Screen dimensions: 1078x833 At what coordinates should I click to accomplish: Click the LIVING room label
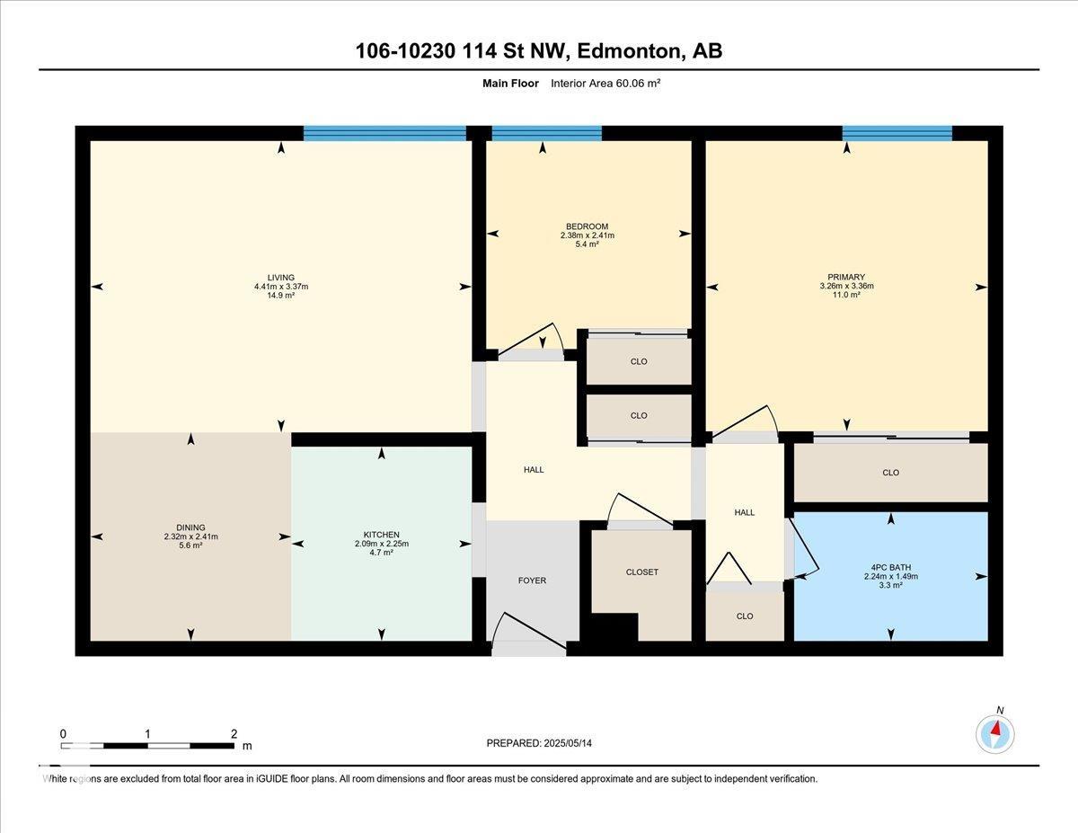pos(281,278)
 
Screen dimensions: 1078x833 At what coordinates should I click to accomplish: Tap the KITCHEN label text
pos(381,535)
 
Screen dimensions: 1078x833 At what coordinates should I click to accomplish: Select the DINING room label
pos(190,527)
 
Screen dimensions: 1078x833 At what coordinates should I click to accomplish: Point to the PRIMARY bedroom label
pos(846,277)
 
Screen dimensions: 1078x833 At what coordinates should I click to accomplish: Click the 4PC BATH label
pos(890,568)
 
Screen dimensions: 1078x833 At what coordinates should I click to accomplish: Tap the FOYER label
pos(532,580)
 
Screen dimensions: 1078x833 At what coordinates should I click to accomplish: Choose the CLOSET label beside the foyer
pos(642,572)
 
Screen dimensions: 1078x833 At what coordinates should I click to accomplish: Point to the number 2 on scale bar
pos(234,734)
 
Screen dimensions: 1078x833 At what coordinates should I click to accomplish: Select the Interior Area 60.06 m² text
pos(605,84)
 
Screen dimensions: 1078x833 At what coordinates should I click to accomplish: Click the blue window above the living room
pos(384,134)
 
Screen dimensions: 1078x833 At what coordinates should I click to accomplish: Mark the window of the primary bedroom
pos(897,134)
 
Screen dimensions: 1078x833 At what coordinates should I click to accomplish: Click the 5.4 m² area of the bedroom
pos(587,244)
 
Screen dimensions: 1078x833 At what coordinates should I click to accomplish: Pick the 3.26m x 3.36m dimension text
pos(846,286)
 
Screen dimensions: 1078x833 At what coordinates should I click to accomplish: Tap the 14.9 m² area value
pos(281,296)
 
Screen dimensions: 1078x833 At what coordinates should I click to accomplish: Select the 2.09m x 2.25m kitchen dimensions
pos(381,544)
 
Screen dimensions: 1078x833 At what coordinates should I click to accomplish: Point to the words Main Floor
pos(510,84)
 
